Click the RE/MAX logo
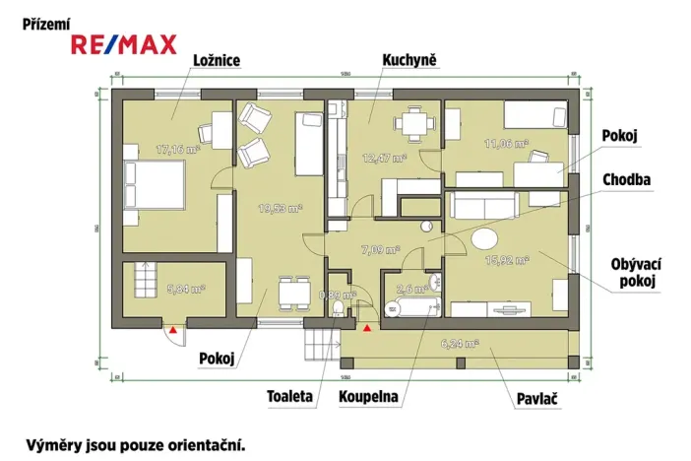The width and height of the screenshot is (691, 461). point(124,44)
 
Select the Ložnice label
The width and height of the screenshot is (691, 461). point(216,61)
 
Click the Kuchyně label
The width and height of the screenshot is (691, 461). point(409,61)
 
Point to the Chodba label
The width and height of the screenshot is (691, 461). point(631,179)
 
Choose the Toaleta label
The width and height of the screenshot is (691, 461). point(289,397)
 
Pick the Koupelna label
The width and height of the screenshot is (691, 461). point(369,397)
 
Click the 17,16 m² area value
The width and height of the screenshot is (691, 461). point(177,150)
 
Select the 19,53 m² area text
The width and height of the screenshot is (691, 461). point(280,208)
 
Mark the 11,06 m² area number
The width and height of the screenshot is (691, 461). point(507,144)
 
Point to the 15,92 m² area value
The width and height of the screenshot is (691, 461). point(508,260)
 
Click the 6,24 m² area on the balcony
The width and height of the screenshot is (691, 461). point(459,344)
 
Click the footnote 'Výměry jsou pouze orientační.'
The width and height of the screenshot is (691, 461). point(135,444)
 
